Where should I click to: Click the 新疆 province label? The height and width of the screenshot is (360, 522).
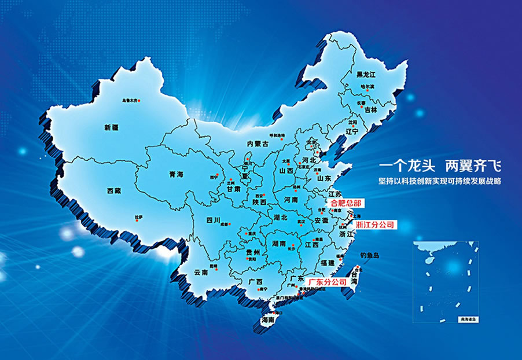tap(111, 127)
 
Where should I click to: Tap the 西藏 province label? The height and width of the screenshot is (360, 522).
tap(114, 190)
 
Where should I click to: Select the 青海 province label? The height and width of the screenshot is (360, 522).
tap(176, 174)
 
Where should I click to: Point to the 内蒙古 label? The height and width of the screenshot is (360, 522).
tap(258, 144)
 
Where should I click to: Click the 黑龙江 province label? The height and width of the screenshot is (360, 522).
tap(366, 75)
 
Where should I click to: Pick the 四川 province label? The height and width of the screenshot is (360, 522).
tap(214, 220)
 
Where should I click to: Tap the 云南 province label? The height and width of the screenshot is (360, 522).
tap(201, 271)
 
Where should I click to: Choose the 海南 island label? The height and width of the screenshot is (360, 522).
tap(267, 319)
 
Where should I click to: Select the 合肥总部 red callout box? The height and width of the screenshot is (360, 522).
tap(345, 204)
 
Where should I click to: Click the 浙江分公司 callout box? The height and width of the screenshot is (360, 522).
tap(374, 224)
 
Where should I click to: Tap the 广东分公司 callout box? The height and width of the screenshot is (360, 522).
tap(328, 281)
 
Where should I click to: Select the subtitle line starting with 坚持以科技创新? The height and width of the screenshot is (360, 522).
tap(439, 181)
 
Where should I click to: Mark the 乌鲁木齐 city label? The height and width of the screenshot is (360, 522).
tap(129, 101)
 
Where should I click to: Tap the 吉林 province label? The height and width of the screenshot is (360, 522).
tap(370, 109)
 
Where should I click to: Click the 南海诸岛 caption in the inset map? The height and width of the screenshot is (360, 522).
tap(465, 319)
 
